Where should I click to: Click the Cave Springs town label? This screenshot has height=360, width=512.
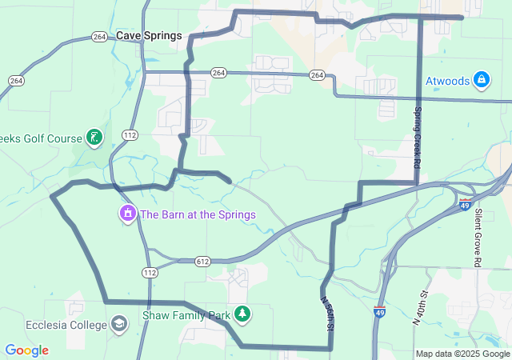pos(149,36)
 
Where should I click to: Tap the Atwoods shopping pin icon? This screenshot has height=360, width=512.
pos(481,80)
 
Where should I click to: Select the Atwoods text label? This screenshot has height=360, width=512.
pos(447,81)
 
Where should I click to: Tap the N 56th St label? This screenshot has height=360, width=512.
pos(327,314)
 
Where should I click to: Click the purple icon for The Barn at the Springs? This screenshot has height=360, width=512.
pos(127,214)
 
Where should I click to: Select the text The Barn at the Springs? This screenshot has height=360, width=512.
pos(198,214)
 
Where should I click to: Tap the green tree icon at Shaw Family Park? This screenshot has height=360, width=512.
pos(242,314)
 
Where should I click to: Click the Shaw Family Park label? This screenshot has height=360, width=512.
pos(186,315)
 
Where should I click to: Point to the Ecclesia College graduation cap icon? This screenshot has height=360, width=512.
pos(119,325)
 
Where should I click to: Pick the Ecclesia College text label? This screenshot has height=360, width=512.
pos(66,325)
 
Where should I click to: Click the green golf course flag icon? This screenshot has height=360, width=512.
pos(94,137)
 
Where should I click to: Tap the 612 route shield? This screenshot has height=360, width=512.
pos(202,262)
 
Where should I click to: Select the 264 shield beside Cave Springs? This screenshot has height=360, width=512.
pos(99,37)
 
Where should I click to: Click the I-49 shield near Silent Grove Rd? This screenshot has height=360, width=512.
pos(466,206)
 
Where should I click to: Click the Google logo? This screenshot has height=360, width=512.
pos(26,350)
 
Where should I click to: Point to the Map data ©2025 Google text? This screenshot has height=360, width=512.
pos(462,354)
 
